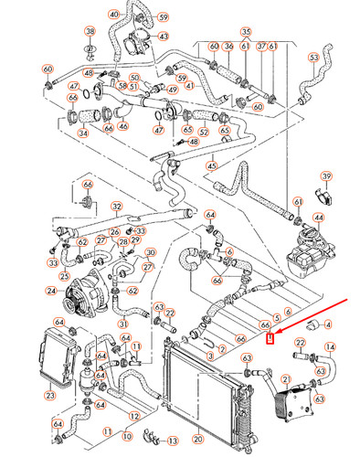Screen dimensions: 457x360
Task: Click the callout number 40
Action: [x=113, y=16]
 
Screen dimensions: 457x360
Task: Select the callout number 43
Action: [x=164, y=37]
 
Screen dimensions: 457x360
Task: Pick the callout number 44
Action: [x=318, y=218]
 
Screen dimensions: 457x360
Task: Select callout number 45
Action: [x=211, y=165]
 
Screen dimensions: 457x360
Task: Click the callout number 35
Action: [x=246, y=32]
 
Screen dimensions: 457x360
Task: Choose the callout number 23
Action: [x=49, y=396]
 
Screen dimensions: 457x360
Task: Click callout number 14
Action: [x=331, y=347]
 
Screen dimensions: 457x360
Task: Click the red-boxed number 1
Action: [x=269, y=340]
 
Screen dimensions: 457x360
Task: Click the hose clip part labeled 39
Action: [x=319, y=194]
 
